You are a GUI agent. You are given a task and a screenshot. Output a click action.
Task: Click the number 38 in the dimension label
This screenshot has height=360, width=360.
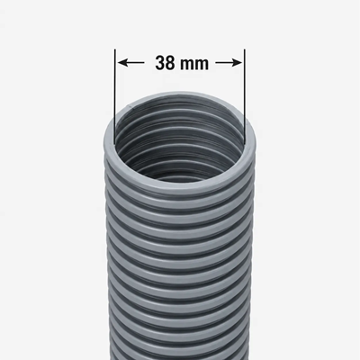(165, 63)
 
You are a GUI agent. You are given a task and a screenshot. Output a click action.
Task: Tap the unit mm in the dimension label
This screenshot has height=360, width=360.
(194, 65)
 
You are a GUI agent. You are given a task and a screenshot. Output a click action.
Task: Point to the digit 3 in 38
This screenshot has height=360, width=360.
(160, 63)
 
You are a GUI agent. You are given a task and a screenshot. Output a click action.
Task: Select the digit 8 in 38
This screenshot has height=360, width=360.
(170, 63)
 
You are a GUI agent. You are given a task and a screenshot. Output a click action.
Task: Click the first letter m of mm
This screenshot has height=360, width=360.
(187, 65)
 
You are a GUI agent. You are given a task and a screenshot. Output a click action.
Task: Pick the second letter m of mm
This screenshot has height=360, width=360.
(202, 65)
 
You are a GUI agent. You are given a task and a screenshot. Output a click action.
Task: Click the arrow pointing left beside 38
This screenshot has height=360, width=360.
(130, 63)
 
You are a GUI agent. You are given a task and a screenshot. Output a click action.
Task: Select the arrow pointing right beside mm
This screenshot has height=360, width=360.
(229, 63)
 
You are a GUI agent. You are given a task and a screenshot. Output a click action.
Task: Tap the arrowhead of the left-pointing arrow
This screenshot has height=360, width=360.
(121, 63)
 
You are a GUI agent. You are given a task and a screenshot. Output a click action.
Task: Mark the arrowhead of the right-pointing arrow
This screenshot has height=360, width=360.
(238, 63)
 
